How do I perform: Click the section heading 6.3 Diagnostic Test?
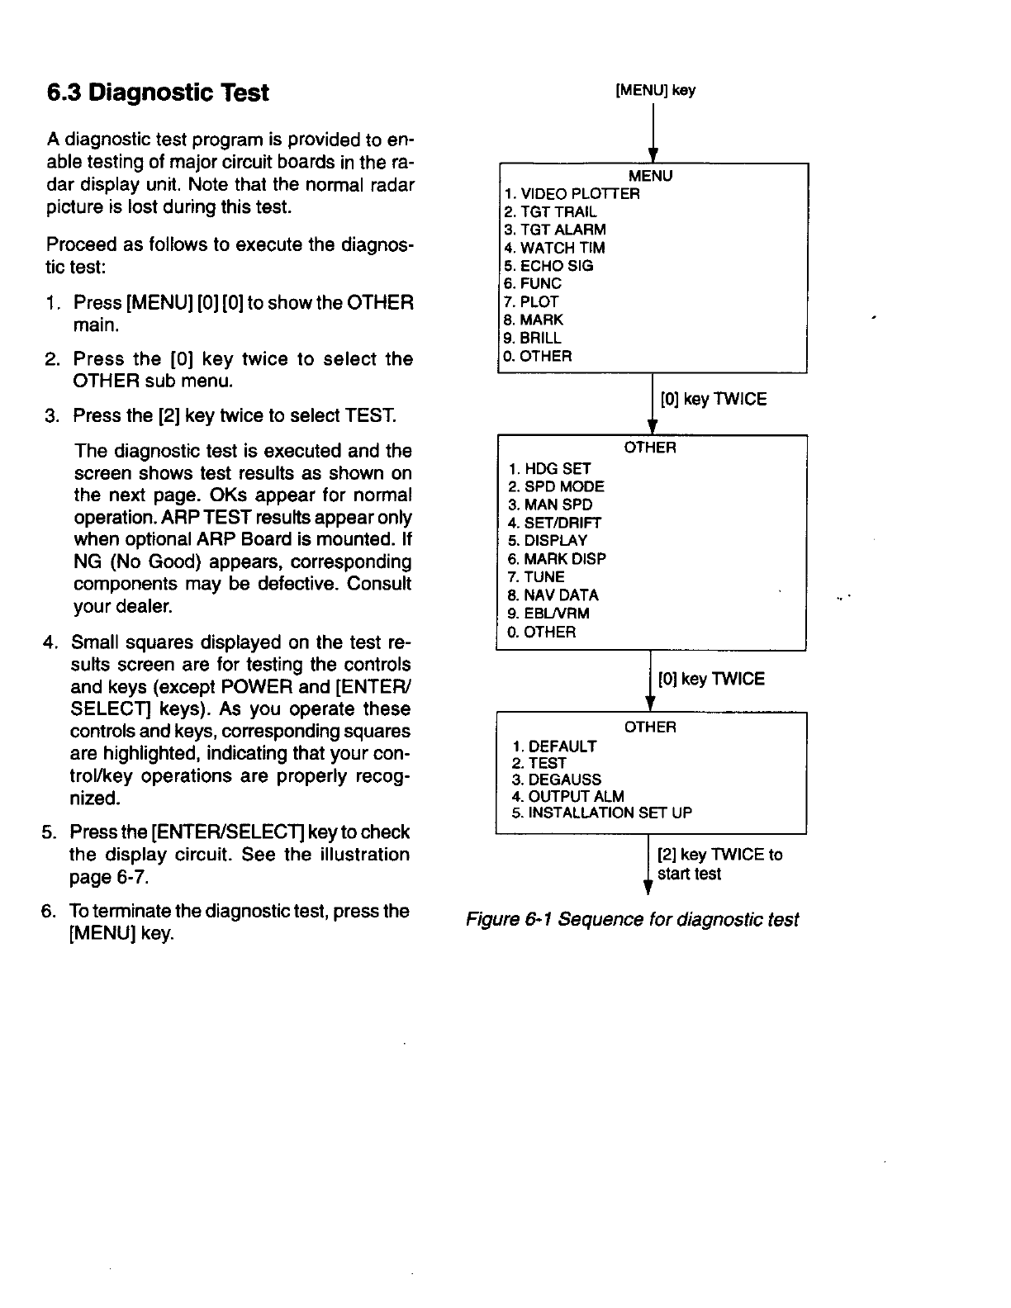(158, 92)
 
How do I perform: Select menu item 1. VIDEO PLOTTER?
(572, 194)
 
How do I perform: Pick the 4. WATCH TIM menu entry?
(554, 248)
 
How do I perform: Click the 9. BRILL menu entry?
(533, 338)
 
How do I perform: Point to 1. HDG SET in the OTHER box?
(549, 468)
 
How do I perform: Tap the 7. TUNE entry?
(537, 576)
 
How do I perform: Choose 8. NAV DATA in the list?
(553, 595)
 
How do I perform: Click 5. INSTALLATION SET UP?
(602, 813)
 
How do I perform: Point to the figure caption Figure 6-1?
(632, 919)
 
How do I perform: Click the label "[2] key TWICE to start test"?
(719, 864)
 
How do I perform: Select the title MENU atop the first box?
(651, 176)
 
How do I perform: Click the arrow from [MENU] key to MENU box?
(653, 132)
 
